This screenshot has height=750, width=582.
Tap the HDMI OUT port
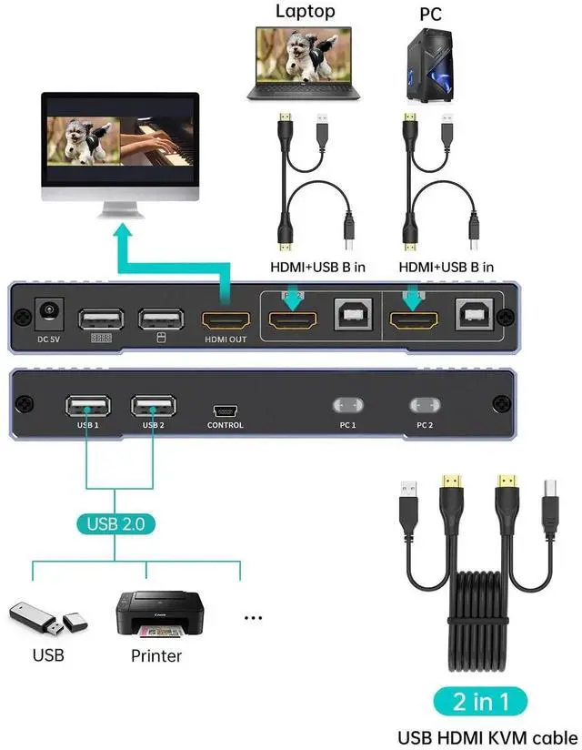[x=225, y=320]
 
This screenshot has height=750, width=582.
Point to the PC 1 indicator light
[x=347, y=404]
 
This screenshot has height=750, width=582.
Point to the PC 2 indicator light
[x=424, y=404]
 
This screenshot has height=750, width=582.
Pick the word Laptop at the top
[x=305, y=11]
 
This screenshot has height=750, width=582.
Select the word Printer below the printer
[x=156, y=655]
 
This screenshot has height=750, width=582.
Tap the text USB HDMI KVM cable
[x=487, y=736]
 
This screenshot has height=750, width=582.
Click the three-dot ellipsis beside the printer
[x=253, y=618]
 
